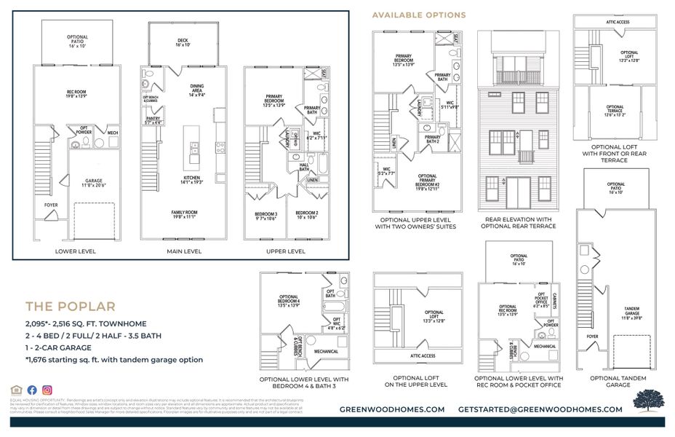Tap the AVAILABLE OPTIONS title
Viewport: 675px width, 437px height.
coord(419,15)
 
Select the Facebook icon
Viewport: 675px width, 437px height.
coord(32,390)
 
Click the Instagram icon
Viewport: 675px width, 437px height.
coord(47,390)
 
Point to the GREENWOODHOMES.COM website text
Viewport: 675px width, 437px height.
coord(392,409)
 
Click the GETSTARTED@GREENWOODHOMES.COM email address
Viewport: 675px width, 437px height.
coord(540,409)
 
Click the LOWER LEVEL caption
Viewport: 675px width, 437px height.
coord(76,251)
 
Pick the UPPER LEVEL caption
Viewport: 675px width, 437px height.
coord(286,251)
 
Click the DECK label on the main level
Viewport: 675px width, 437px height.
coord(183,42)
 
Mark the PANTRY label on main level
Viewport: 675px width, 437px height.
coord(153,120)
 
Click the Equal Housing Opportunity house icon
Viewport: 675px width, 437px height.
coord(17,390)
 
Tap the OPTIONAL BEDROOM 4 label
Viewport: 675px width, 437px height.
coord(289,299)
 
